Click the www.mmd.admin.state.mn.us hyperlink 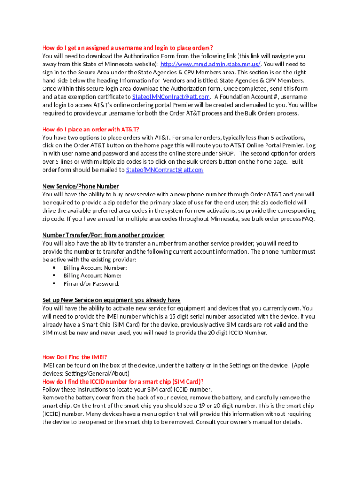click(210, 64)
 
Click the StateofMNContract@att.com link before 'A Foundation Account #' click(171, 97)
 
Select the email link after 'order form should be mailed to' click(165, 170)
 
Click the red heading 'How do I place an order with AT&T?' click(91, 129)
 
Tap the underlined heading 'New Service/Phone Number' click(80, 186)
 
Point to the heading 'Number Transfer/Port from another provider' click(103, 235)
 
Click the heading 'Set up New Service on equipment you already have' click(111, 300)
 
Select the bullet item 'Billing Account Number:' click(95, 268)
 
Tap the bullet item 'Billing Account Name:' click(92, 276)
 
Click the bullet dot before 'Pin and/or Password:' click(54, 283)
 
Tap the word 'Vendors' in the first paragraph click(186, 80)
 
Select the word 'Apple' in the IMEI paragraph click(301, 365)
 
